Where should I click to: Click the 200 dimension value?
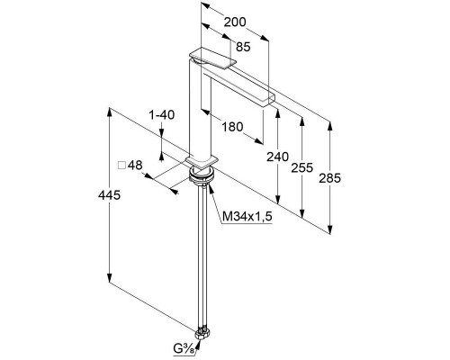[235, 22]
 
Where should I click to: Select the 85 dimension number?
[243, 47]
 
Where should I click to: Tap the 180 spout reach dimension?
[232, 127]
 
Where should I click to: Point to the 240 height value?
[278, 157]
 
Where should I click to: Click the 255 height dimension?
[302, 167]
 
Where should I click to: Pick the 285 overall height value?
[330, 178]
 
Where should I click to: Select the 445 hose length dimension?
[109, 195]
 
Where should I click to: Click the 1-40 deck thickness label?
[162, 114]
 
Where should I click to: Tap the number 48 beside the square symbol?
[135, 165]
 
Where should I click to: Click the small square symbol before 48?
[121, 166]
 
